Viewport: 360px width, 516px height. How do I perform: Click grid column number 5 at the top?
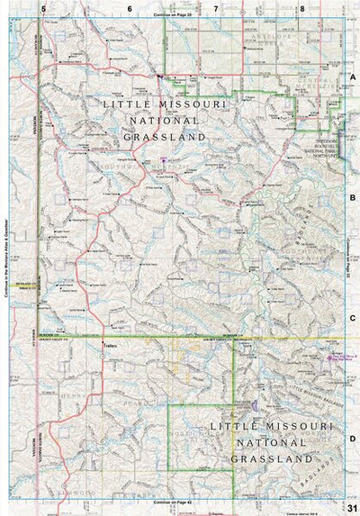pos(41,8)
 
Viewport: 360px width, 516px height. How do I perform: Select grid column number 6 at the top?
pos(129,8)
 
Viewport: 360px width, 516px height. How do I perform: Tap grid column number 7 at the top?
pos(215,8)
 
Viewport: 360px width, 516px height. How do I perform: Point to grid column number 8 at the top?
pos(302,8)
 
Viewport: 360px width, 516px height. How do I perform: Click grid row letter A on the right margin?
pos(353,78)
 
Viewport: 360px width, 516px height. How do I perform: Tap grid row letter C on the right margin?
pos(353,317)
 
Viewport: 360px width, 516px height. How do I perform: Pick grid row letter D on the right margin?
pos(353,439)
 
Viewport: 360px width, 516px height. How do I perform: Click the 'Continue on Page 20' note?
pos(172,15)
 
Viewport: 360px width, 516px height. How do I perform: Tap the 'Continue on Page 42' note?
pos(172,501)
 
